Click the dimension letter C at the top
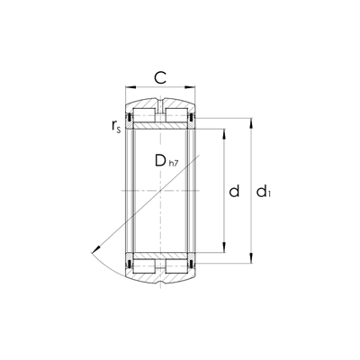(160, 78)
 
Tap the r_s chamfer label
(116, 126)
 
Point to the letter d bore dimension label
(234, 191)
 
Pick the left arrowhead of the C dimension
(130, 87)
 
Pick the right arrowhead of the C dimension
(190, 87)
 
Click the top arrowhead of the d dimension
(224, 134)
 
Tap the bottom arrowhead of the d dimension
(224, 247)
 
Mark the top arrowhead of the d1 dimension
(251, 123)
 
